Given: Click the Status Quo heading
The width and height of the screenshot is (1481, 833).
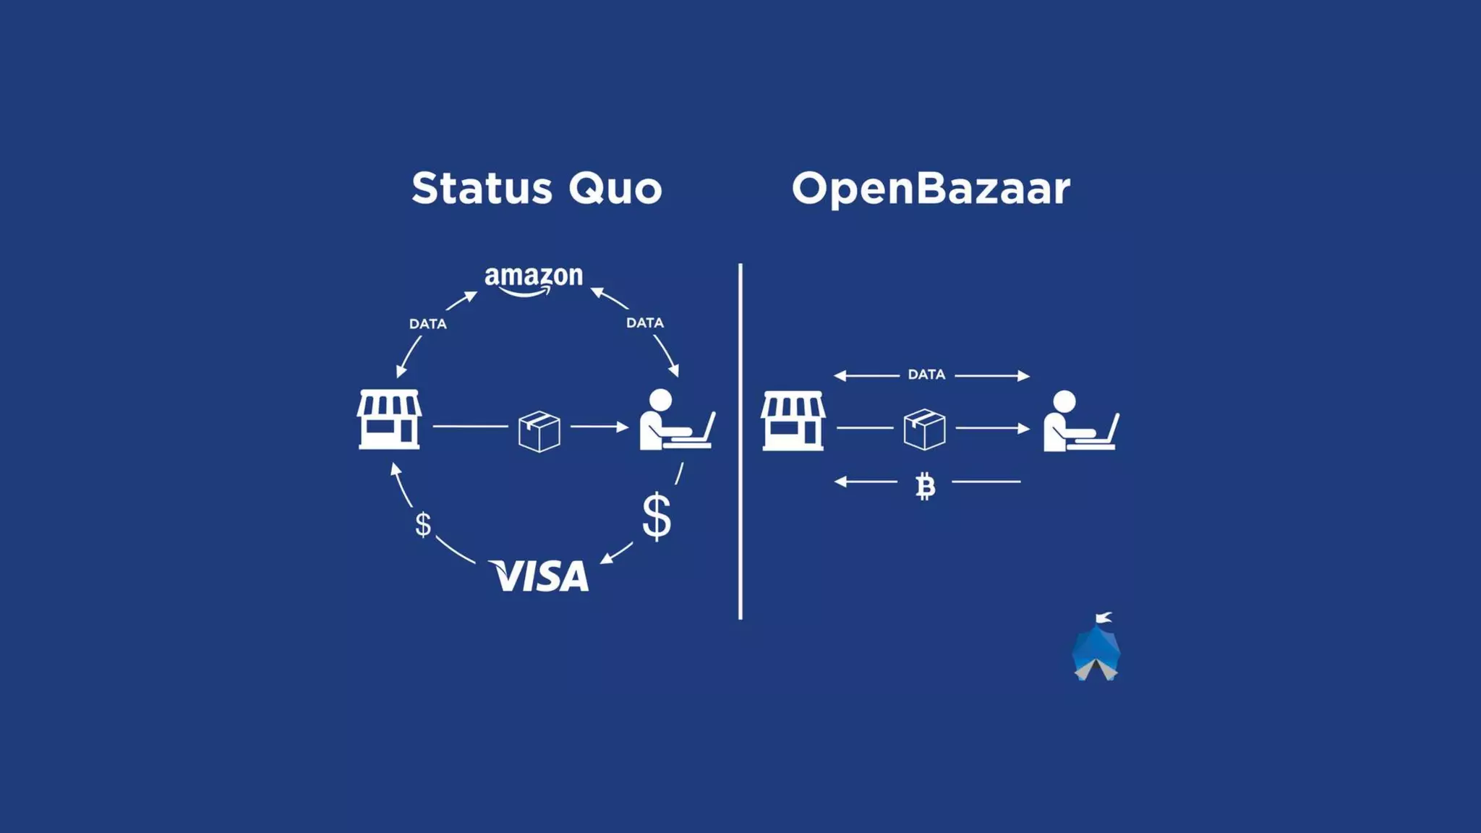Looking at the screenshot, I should (x=537, y=188).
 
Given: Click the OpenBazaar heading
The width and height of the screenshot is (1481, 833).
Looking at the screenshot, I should (x=931, y=188).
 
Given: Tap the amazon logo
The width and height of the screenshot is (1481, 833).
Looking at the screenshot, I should (x=534, y=279).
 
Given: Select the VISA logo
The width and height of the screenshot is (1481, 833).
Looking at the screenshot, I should (x=539, y=576).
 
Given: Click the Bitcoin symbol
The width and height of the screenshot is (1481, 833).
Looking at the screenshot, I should (x=925, y=487).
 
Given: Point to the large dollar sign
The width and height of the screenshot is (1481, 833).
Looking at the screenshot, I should (x=657, y=516).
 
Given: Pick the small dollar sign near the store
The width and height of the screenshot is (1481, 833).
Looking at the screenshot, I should (x=423, y=524).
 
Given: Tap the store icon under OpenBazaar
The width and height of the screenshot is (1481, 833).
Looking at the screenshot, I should (x=793, y=421).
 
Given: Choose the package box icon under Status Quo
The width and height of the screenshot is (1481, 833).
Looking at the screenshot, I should (x=539, y=431).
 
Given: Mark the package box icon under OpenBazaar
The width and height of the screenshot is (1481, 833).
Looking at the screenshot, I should (x=924, y=429).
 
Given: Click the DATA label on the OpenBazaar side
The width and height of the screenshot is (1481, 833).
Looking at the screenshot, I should (x=926, y=375).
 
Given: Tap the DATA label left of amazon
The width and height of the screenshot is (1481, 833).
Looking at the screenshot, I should (x=428, y=324).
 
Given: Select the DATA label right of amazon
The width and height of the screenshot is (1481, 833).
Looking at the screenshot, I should (x=645, y=322).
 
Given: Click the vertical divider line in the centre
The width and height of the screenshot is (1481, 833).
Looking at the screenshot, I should (x=740, y=441).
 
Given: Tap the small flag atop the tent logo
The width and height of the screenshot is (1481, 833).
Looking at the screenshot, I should (x=1104, y=617).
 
